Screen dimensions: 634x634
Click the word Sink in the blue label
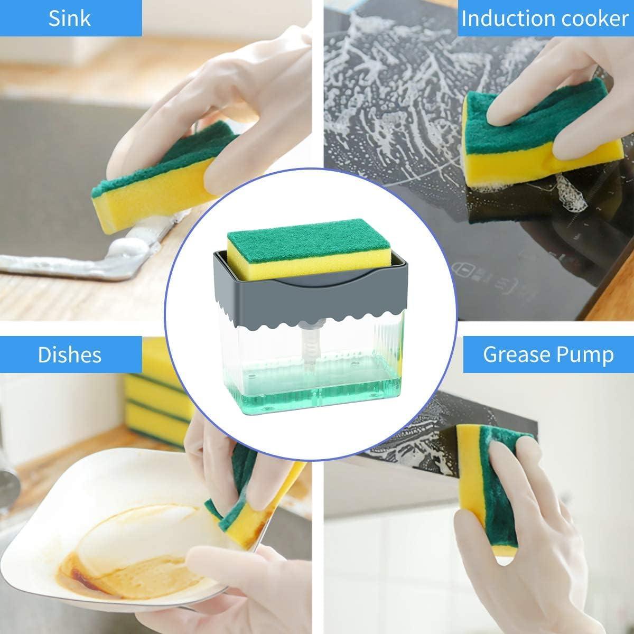69,18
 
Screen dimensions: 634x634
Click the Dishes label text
69,355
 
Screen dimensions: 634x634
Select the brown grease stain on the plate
132,556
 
